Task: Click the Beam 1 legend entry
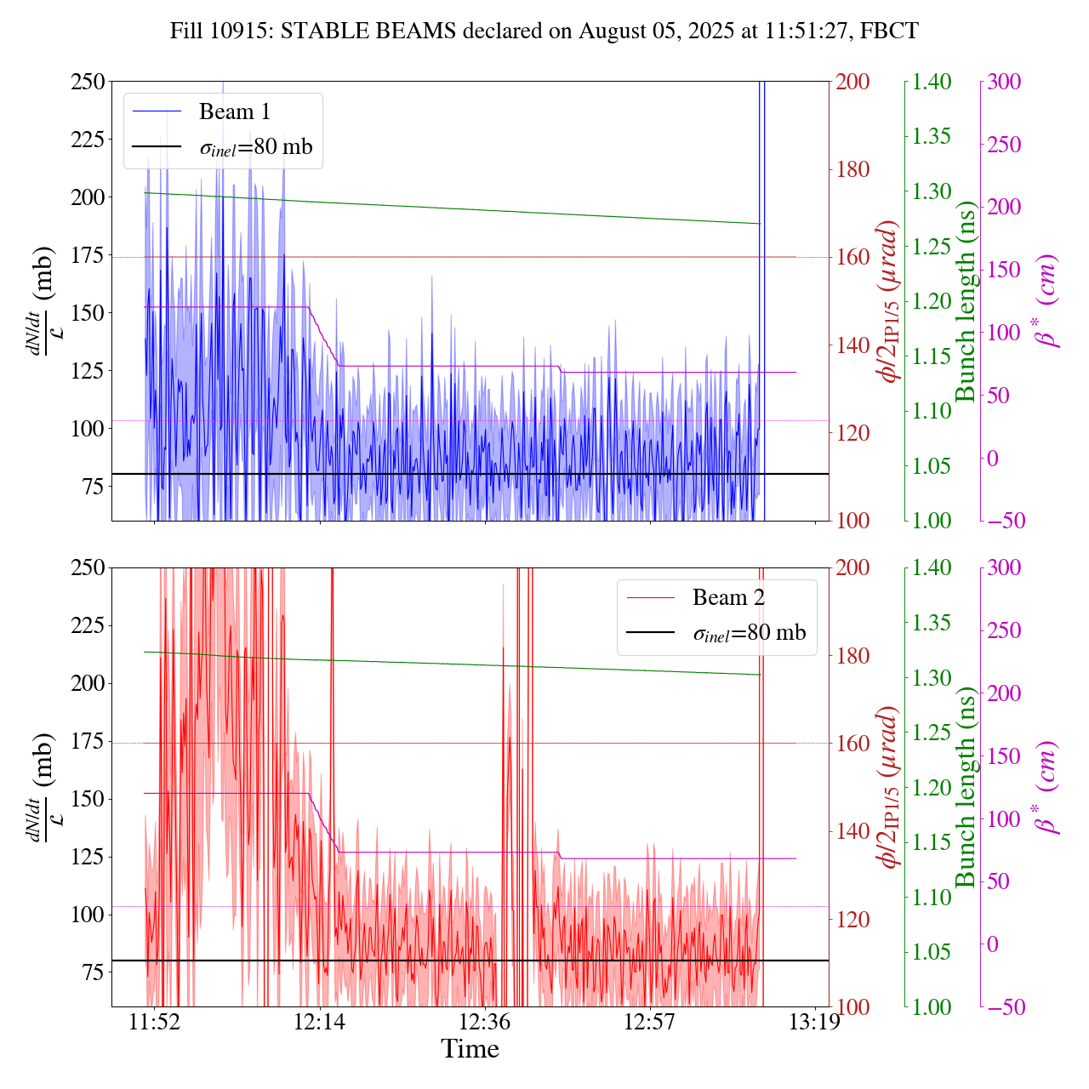coord(234,111)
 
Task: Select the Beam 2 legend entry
coord(728,597)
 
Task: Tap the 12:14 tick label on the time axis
coord(319,1021)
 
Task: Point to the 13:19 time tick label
coord(815,1021)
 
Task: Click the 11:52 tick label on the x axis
coord(154,1021)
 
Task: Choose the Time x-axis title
coord(470,1049)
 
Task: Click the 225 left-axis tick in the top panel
coord(88,140)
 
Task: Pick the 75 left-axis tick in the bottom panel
coord(93,972)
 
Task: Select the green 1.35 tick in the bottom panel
coord(932,623)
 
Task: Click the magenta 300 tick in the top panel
coord(1004,82)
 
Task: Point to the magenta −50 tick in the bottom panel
coord(1004,1007)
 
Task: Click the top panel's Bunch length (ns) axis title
coord(966,301)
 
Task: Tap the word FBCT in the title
coord(889,31)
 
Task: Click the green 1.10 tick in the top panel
coord(932,411)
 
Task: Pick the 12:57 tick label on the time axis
coord(649,1021)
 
